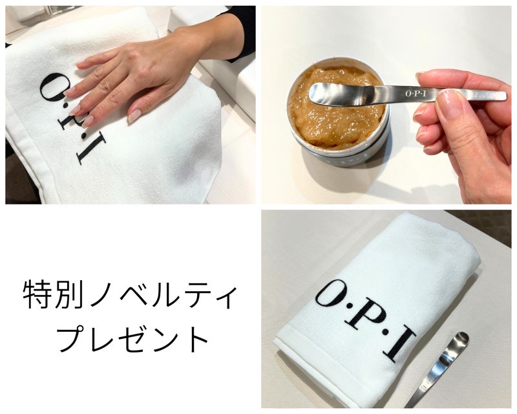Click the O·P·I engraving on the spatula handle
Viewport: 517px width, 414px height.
click(x=416, y=93)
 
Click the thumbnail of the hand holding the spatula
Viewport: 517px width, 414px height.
click(x=448, y=105)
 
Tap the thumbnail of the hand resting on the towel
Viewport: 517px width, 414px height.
click(x=134, y=116)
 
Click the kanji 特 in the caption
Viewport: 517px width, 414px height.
click(x=37, y=294)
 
